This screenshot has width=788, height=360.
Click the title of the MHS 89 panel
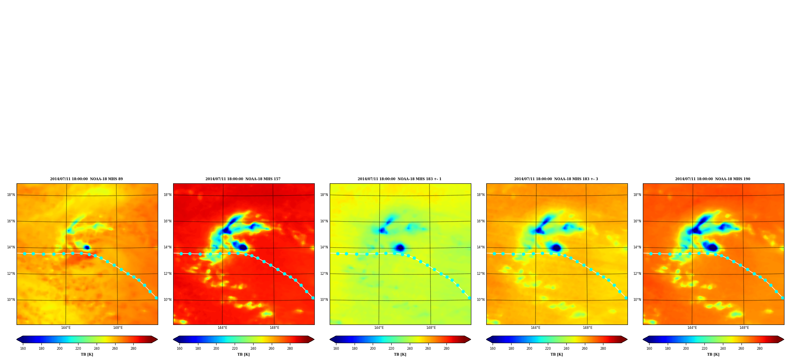(86, 179)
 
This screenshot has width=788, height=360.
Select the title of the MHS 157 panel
(243, 179)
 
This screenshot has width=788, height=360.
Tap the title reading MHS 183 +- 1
(400, 179)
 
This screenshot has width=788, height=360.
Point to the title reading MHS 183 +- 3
(556, 179)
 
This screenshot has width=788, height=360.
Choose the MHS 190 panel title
(713, 179)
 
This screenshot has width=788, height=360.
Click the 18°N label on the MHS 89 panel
(11, 195)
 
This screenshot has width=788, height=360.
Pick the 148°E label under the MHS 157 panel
(274, 328)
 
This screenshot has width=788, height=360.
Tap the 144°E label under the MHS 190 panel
(692, 328)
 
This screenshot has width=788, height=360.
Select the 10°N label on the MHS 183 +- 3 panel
(480, 300)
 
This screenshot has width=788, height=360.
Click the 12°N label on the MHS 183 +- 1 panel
(324, 274)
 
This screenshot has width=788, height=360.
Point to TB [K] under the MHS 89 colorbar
(87, 354)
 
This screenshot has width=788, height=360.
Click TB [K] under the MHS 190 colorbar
(713, 354)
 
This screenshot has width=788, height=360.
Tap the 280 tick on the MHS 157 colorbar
(290, 349)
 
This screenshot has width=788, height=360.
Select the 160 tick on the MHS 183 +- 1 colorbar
(336, 349)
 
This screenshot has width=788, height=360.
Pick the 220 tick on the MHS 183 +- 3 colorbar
(548, 349)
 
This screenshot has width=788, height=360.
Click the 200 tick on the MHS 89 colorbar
(60, 349)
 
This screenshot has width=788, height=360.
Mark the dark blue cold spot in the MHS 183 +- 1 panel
(400, 248)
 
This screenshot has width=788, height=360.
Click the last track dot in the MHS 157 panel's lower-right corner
(313, 298)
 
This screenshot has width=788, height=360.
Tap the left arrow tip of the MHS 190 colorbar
(643, 339)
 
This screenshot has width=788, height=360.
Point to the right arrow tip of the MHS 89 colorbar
(158, 339)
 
